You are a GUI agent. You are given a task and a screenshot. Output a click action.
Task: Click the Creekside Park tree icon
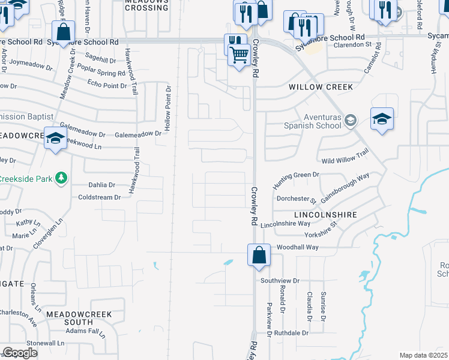click(61, 178)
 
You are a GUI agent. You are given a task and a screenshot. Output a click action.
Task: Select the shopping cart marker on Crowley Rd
click(240, 56)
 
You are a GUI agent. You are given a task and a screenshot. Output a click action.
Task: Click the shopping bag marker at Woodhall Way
click(259, 255)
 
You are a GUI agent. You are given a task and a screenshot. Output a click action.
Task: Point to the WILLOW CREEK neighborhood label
click(321, 87)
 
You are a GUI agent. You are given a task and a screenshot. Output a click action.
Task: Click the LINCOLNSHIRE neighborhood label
click(325, 214)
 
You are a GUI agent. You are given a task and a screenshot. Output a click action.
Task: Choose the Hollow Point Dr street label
click(169, 109)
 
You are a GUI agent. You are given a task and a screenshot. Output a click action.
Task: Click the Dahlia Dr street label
click(101, 185)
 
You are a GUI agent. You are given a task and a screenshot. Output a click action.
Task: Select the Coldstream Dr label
click(100, 197)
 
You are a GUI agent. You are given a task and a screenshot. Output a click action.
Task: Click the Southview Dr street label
click(280, 281)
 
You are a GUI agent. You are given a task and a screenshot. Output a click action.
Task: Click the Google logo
click(20, 353)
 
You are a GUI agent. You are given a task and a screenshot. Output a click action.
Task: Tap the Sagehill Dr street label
click(100, 61)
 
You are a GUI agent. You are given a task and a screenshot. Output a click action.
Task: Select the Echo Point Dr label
click(107, 85)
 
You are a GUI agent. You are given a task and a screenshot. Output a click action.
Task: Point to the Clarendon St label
click(349, 45)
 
